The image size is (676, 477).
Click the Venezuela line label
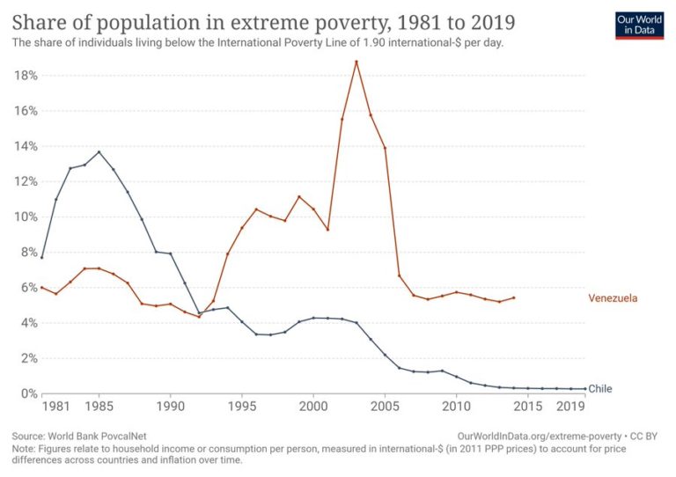pyautogui.click(x=612, y=298)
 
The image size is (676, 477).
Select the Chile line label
pyautogui.click(x=599, y=388)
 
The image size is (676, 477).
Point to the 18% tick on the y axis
pyautogui.click(x=26, y=76)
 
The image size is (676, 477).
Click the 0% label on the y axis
pyautogui.click(x=28, y=393)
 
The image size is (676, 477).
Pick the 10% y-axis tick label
pyautogui.click(x=26, y=216)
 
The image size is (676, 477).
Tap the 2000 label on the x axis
pyautogui.click(x=313, y=408)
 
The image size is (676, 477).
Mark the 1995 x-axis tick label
pyautogui.click(x=242, y=408)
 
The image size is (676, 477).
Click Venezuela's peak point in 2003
pyautogui.click(x=356, y=62)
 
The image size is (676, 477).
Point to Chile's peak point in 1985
pyautogui.click(x=99, y=151)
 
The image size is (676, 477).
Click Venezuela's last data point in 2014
pyautogui.click(x=514, y=297)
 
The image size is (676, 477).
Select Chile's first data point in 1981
pyautogui.click(x=41, y=257)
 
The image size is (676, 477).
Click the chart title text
pyautogui.click(x=264, y=21)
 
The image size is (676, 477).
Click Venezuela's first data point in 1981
pyautogui.click(x=41, y=287)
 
